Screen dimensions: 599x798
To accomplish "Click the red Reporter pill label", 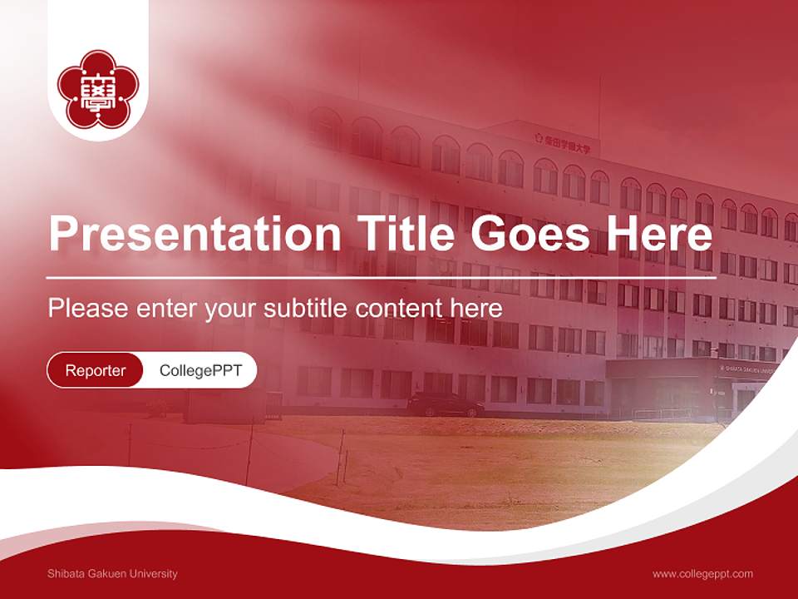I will point(95,370).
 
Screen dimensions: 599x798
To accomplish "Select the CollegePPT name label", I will point(200,370).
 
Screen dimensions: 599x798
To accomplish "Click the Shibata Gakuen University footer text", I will point(112,573).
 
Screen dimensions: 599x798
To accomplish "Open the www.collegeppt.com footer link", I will point(702,573).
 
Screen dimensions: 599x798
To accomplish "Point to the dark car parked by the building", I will point(445,405).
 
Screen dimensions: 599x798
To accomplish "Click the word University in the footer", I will point(155,573).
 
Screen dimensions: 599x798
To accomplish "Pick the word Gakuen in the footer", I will point(109,573).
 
